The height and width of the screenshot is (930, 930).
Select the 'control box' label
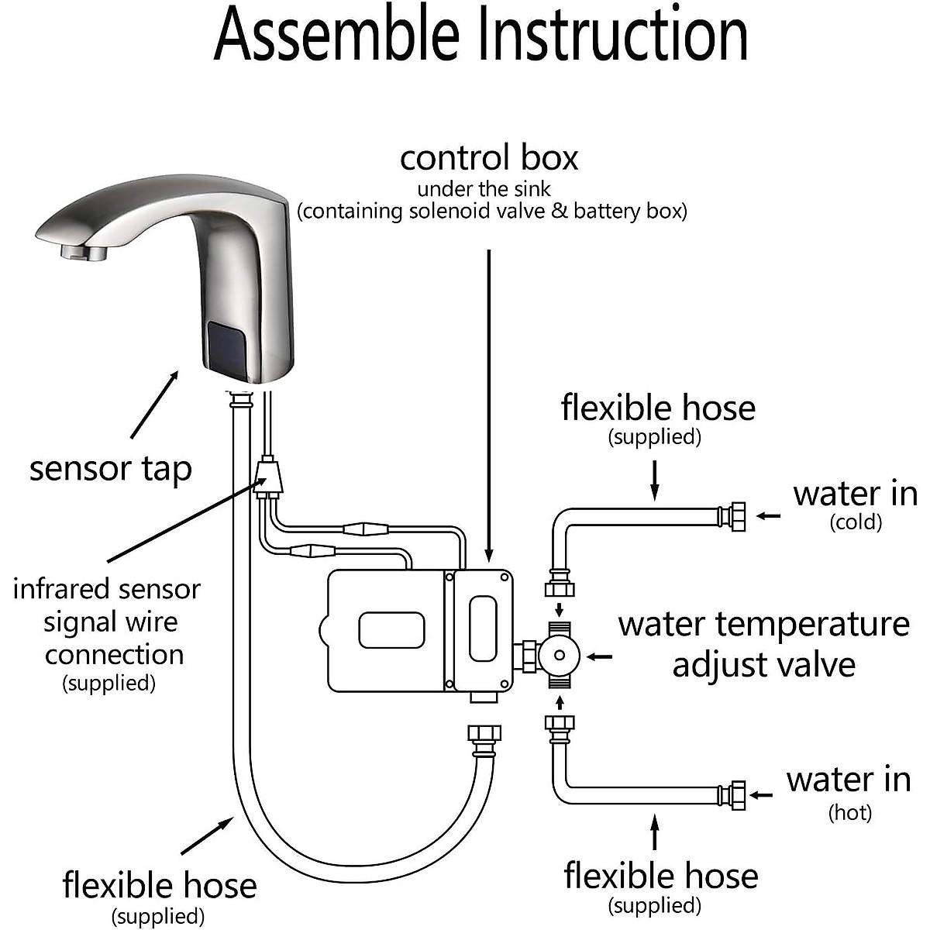point(489,158)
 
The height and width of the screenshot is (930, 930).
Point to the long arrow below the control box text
point(489,403)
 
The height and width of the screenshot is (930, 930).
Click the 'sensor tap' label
point(110,469)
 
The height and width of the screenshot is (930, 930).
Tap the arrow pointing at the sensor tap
point(154,404)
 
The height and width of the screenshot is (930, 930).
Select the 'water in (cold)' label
point(855,504)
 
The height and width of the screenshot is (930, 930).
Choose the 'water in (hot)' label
point(849,790)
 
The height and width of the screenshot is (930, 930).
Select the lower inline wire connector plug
point(312,551)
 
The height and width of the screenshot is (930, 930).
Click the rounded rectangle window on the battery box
point(391,629)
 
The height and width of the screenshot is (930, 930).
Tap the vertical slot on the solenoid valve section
point(483,629)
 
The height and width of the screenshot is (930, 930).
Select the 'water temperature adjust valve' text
point(763,644)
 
